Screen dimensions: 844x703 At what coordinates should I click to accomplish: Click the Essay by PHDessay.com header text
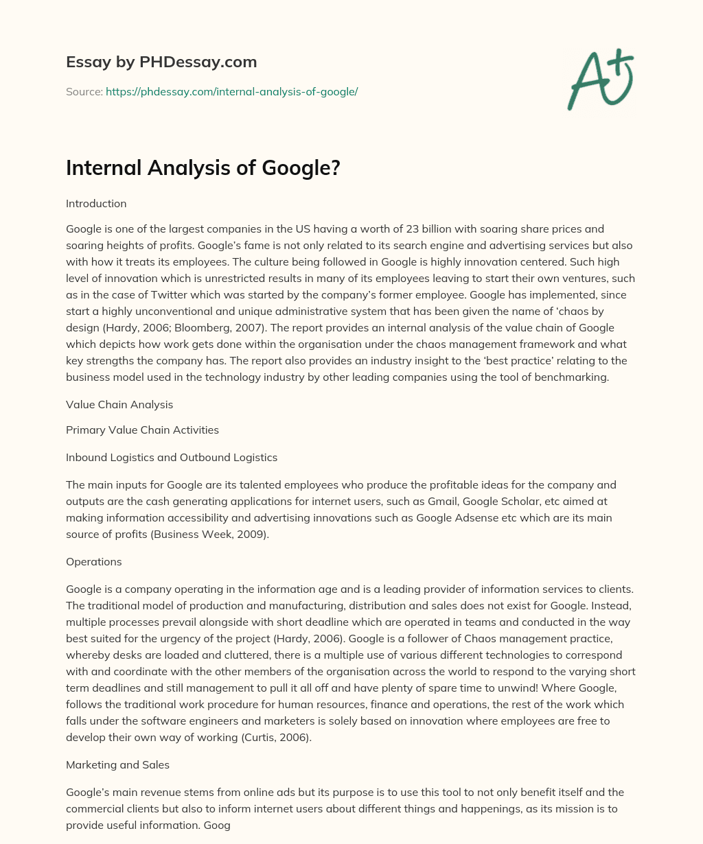[161, 62]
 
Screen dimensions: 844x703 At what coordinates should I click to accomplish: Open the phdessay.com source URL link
[231, 91]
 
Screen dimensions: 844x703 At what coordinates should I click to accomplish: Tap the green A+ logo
[600, 79]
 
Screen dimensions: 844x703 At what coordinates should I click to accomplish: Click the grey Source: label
[84, 91]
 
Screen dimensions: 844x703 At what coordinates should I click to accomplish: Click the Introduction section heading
[96, 204]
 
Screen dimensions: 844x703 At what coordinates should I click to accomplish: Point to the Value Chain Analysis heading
[119, 405]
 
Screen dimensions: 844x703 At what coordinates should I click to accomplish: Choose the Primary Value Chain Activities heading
[142, 430]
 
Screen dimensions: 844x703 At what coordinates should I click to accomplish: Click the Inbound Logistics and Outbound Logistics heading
[172, 457]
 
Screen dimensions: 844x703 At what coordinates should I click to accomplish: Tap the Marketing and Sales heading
[117, 764]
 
